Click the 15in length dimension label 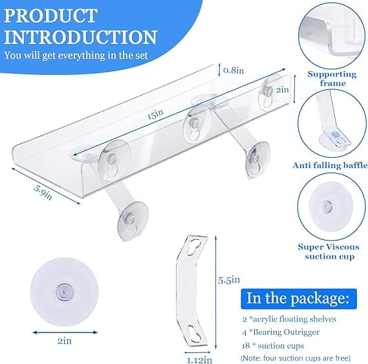155,114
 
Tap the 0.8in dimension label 233,70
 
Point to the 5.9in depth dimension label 43,192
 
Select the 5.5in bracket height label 229,280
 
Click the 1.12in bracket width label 199,359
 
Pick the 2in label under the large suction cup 65,341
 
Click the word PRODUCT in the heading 50,16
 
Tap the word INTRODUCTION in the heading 80,37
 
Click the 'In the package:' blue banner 299,299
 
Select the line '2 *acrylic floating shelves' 289,319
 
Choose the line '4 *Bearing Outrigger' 281,332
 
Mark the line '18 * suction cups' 273,345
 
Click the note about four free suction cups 296,358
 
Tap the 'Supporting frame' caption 332,79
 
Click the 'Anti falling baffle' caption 330,166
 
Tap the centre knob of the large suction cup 64,292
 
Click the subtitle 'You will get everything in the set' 76,56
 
